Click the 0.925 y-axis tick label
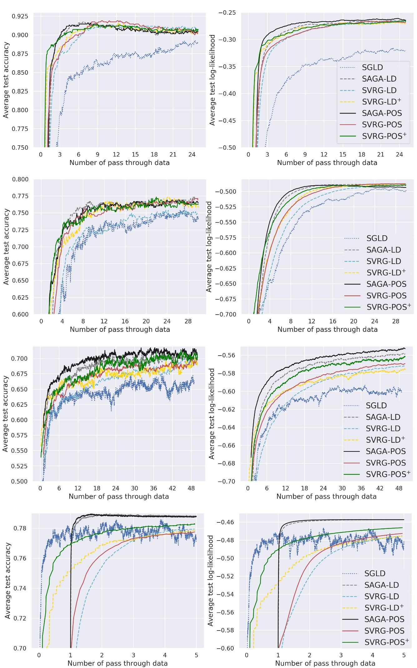coord(20,16)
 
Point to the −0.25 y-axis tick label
coord(227,13)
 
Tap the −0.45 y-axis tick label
coord(227,121)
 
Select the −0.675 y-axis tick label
coord(226,299)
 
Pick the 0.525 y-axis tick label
coord(19,466)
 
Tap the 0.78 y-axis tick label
coord(20,528)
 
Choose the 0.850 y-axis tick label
coord(20,72)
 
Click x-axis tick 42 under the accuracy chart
coord(172,488)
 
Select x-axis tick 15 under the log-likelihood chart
coord(343,154)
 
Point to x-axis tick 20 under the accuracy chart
coord(146,321)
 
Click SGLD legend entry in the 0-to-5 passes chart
coord(375,574)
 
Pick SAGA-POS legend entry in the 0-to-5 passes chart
coord(384,619)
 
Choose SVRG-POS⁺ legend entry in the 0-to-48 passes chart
coord(388,474)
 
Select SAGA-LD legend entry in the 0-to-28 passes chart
coord(383,250)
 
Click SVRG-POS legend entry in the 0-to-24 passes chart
coord(382,125)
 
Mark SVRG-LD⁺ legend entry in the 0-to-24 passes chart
coord(381,102)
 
